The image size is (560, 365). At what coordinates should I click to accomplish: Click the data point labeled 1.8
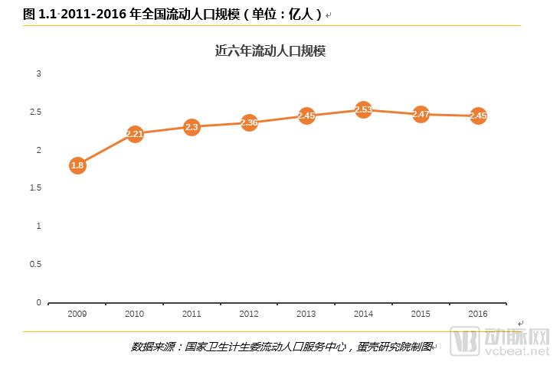[77, 165]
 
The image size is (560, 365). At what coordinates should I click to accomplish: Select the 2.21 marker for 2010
[135, 134]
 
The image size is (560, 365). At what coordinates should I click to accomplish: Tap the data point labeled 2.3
[192, 127]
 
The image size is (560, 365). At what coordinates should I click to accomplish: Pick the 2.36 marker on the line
[249, 122]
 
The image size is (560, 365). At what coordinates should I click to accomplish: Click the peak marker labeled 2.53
[364, 109]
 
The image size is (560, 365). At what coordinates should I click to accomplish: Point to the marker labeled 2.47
[421, 114]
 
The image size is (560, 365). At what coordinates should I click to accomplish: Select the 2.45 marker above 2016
[478, 116]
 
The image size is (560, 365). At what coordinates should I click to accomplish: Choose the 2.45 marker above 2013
[306, 116]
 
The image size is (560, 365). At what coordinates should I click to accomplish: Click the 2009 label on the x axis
[77, 314]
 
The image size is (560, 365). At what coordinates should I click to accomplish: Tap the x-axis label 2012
[249, 314]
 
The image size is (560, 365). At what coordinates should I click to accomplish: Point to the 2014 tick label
[364, 314]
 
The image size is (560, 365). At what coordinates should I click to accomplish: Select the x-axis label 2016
[478, 314]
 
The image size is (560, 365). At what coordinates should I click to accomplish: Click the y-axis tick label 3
[38, 73]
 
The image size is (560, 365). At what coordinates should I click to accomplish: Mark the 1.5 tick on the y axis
[35, 187]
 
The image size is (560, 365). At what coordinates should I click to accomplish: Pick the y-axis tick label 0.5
[35, 264]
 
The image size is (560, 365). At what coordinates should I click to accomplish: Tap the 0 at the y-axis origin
[38, 302]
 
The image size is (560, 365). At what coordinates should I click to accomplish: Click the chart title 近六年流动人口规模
[271, 51]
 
